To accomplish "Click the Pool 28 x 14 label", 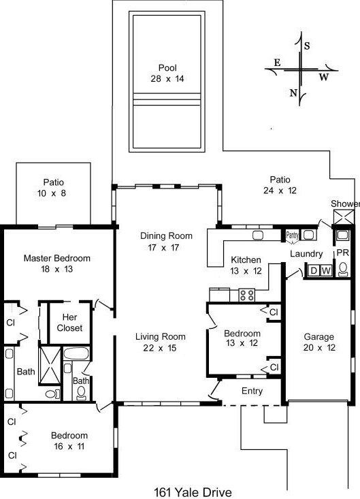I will (167, 73).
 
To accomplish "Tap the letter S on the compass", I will (306, 46).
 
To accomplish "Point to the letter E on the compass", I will (276, 63).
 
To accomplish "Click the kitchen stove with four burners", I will (246, 295).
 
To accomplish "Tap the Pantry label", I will (293, 236).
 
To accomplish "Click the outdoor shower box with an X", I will (342, 216).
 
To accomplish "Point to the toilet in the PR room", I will (342, 236).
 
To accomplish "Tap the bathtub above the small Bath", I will (75, 354).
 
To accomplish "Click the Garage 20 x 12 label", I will (318, 342).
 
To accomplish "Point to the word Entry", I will (252, 391).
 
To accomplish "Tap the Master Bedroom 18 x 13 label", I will (56, 263).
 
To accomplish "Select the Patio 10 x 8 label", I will (53, 187).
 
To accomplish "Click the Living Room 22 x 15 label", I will (160, 342).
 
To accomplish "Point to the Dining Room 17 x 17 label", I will (166, 242).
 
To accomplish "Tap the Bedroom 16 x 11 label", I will (69, 441).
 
